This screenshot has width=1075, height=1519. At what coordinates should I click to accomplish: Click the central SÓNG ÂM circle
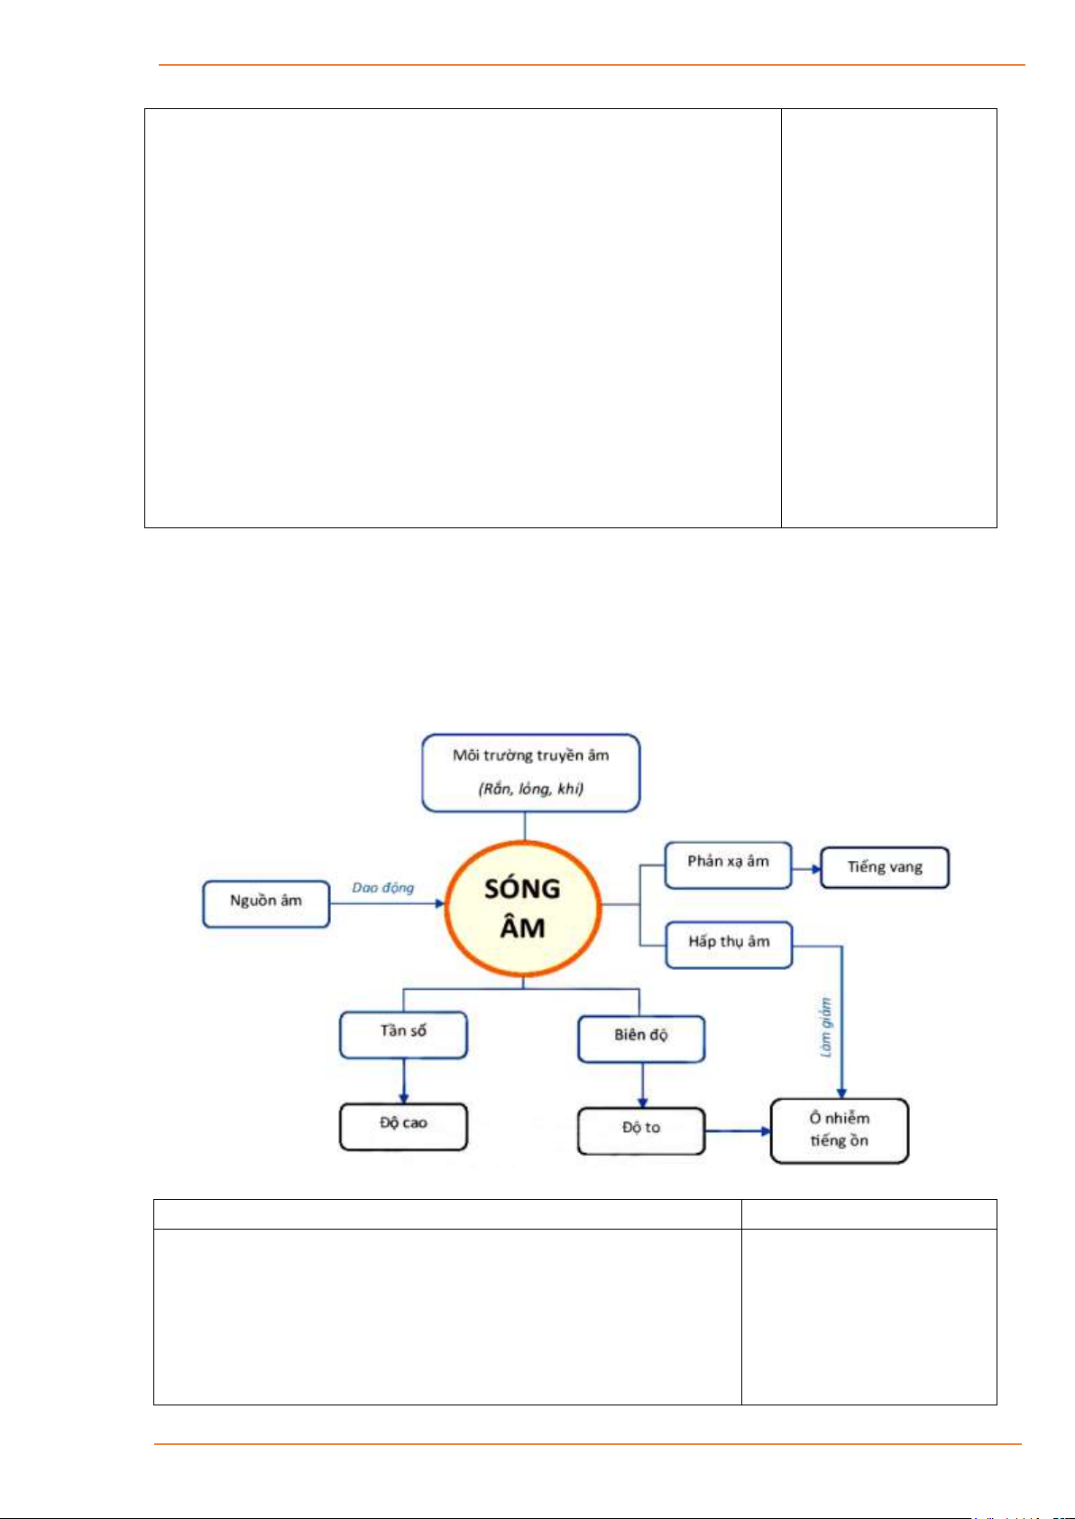coord(523,909)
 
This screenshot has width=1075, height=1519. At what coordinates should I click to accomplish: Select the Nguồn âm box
coord(266,903)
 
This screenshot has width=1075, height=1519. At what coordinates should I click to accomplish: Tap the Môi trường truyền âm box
coord(531,773)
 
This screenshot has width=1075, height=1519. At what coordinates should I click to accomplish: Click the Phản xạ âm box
coord(728,865)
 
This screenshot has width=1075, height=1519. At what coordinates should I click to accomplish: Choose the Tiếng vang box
coord(885,867)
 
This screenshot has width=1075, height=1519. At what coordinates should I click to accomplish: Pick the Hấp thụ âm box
coord(729,944)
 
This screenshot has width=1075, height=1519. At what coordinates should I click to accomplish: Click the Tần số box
coord(403,1034)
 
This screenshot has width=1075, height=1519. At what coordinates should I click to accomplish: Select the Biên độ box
coord(641,1039)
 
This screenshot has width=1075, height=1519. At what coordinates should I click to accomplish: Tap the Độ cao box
coord(403,1126)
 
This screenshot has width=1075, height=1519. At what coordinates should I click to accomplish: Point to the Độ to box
coord(641,1130)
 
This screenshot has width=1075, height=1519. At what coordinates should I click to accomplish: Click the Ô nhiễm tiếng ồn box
coord(839,1130)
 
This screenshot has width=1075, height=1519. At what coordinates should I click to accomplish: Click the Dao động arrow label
coord(383,888)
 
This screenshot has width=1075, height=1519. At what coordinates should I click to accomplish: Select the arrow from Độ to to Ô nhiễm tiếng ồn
coord(738,1130)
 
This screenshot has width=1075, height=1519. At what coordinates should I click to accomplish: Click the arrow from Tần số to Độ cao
coord(403,1080)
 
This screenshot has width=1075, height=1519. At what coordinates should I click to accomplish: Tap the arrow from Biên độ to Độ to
coord(642,1085)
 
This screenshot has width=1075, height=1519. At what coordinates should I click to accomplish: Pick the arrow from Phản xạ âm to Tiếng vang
coord(806,869)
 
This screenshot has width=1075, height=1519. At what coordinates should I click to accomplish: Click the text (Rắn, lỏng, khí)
coord(531,789)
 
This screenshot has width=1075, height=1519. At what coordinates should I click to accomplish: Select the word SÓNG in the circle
coord(522,889)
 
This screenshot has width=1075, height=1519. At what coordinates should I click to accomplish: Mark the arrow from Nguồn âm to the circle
coord(388,903)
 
